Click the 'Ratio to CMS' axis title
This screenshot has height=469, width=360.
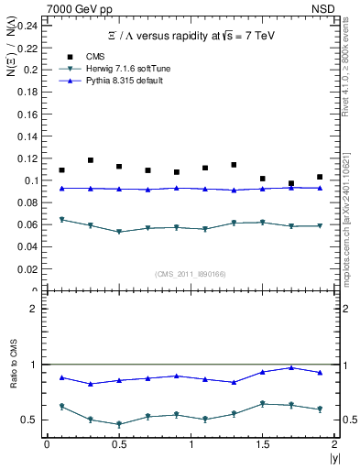pos(14,384)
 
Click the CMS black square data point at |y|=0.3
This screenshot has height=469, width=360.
pos(91,160)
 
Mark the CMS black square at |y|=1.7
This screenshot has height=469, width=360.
pos(291,183)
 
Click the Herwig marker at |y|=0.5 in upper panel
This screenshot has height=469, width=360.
pos(119,232)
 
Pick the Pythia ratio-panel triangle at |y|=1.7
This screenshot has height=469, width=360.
pos(291,367)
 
